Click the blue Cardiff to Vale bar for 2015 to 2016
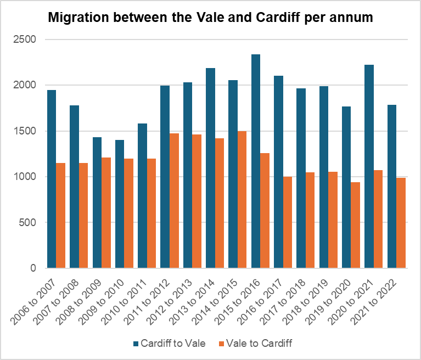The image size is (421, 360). click(x=255, y=161)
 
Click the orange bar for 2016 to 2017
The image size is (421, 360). click(x=287, y=222)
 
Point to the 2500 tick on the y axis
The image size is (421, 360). click(x=25, y=40)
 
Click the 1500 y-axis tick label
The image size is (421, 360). click(x=25, y=131)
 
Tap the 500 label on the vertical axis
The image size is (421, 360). click(x=27, y=222)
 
